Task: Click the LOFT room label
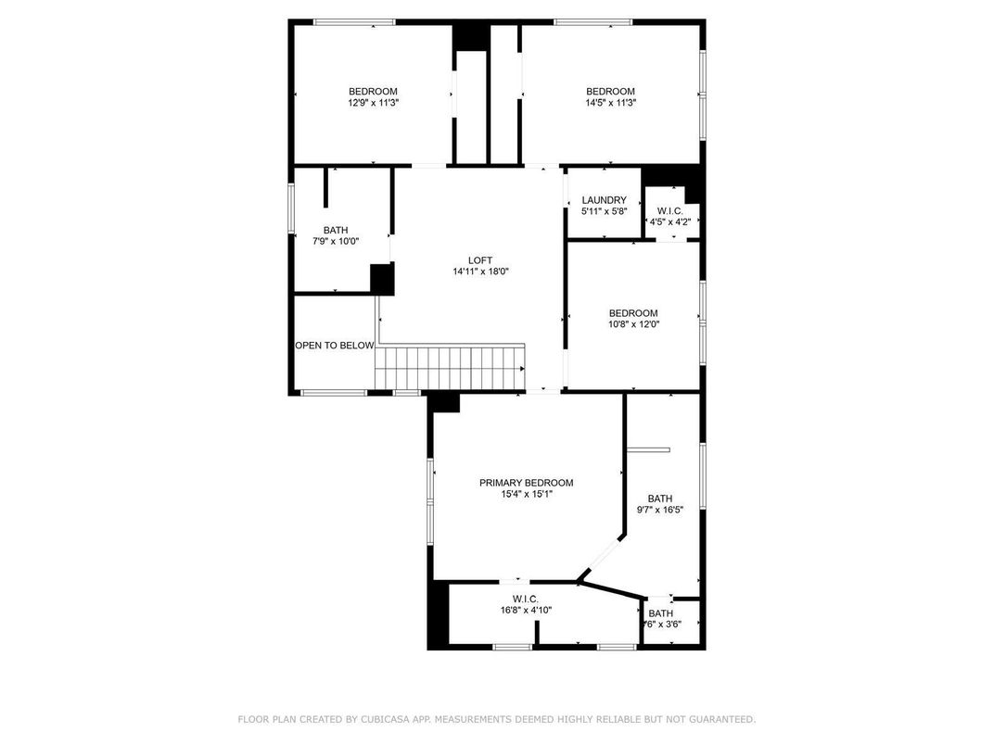[x=480, y=260]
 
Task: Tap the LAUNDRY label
[x=604, y=200]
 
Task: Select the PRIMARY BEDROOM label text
[x=526, y=483]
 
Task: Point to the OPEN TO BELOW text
[x=335, y=346]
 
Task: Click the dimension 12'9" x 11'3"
[x=373, y=103]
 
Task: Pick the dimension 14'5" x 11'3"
[x=610, y=103]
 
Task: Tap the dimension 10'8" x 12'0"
[x=633, y=324]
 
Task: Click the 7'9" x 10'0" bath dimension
[x=335, y=241]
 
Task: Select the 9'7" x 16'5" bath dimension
[x=659, y=510]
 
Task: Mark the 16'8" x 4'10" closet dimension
[x=526, y=610]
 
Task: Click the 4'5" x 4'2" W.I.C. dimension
[x=669, y=222]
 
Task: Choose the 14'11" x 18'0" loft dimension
[x=480, y=271]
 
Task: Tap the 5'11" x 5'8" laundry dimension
[x=604, y=211]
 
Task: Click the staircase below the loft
[x=451, y=367]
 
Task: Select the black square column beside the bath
[x=382, y=279]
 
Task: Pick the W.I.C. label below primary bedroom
[x=526, y=599]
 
